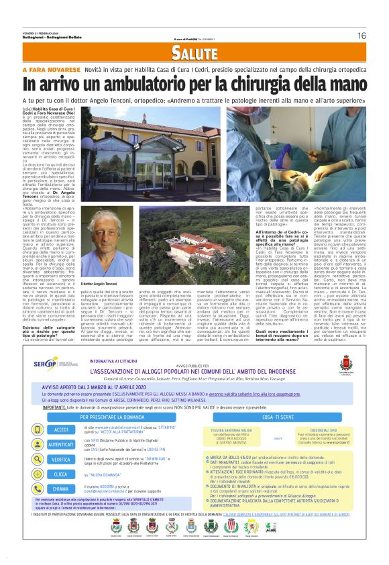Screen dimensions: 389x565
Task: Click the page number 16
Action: (x=361, y=36)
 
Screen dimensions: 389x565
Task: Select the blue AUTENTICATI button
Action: (x=62, y=425)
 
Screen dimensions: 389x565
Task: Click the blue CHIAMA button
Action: (x=62, y=470)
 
